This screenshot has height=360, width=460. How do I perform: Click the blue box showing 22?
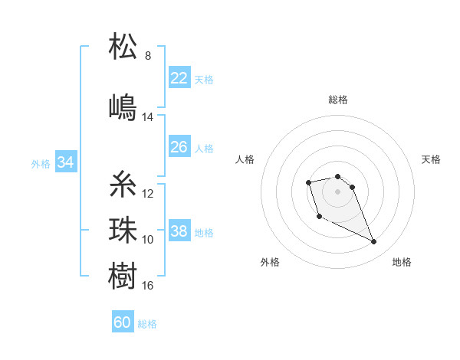(x=179, y=78)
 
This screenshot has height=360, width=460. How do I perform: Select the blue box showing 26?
(x=179, y=147)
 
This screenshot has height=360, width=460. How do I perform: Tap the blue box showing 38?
(x=179, y=231)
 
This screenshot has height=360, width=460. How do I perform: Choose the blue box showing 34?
(x=65, y=162)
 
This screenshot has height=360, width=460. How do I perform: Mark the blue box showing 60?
(x=122, y=322)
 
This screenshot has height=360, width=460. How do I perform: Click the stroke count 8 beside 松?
(x=148, y=56)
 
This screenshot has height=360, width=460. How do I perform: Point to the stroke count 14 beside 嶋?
(x=148, y=117)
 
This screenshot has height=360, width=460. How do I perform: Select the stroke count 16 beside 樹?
(x=148, y=286)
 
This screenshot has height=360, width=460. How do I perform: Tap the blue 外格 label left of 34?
(x=41, y=163)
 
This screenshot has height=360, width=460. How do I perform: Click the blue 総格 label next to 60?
(x=147, y=324)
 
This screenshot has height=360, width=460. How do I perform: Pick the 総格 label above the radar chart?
(x=338, y=100)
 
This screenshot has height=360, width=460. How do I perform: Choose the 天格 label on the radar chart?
(x=431, y=159)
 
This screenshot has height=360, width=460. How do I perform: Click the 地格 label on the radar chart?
(x=402, y=262)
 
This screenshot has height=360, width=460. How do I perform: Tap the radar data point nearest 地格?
(x=374, y=242)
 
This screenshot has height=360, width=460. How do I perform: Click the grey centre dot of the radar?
(x=338, y=191)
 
